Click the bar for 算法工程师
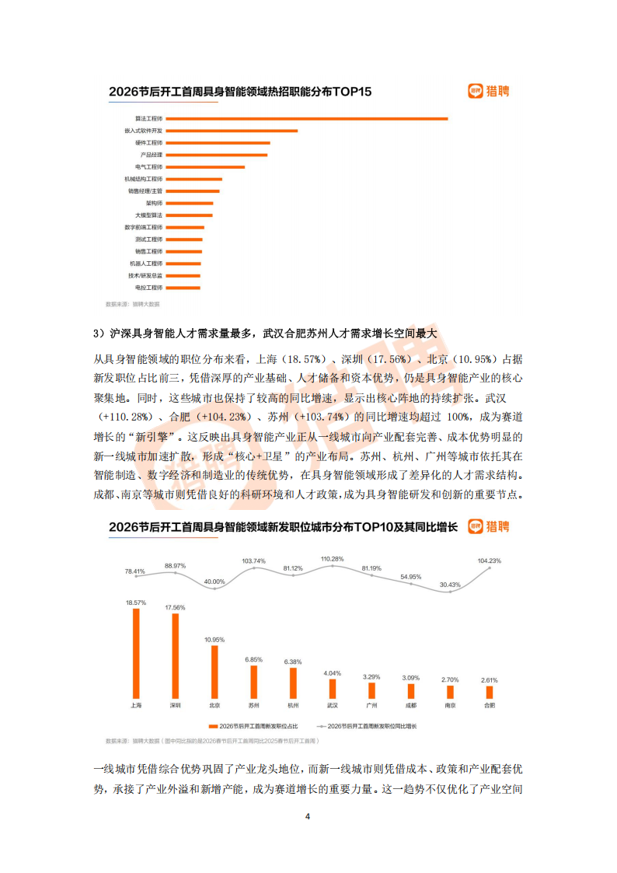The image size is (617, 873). [x=307, y=119]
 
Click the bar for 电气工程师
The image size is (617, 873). [x=205, y=167]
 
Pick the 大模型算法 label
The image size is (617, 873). [x=148, y=215]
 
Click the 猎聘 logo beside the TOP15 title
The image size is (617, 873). [x=489, y=92]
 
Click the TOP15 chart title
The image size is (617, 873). [x=240, y=92]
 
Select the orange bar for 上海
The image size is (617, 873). [x=136, y=653]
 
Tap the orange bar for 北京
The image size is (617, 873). [x=214, y=672]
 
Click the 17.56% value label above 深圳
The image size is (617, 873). [x=175, y=607]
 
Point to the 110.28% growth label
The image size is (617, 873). [x=332, y=559]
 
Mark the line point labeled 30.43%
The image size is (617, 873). [x=450, y=592]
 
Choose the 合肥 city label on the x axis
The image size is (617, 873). [x=489, y=705]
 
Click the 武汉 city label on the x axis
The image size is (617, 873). [x=332, y=705]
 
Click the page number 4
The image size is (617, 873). [x=308, y=817]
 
